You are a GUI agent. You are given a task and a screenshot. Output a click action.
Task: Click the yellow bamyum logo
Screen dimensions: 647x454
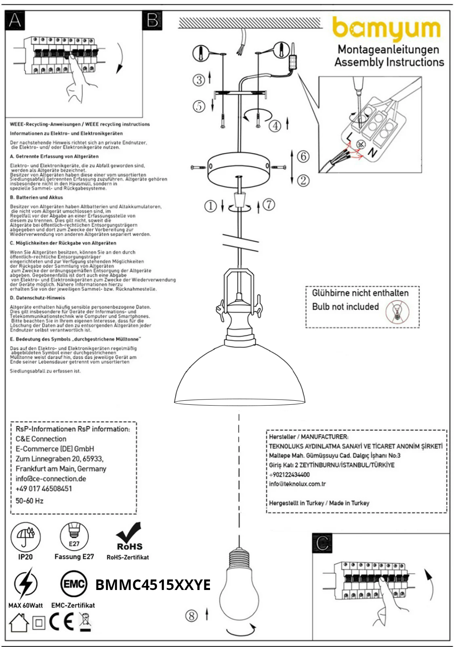pos(386,28)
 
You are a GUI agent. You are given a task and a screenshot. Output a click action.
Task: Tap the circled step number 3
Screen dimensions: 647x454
pos(199,80)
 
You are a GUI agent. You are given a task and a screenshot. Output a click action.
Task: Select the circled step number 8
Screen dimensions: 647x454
pos(191,616)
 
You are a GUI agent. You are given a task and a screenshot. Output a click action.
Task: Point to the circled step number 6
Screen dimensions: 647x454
pos(303,156)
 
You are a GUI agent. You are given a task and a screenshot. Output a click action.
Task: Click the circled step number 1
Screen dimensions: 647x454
pos(210,206)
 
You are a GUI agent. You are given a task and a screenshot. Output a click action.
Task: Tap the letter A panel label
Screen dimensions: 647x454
pos(15,20)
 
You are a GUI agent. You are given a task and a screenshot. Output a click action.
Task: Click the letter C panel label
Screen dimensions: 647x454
pos(322,543)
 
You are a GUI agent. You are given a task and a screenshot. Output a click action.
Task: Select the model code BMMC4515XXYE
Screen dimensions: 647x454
pos(153,585)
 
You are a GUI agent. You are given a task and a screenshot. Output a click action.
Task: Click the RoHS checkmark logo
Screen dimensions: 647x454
pos(129,536)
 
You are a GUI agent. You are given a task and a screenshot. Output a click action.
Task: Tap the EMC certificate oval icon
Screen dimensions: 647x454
pos(74,584)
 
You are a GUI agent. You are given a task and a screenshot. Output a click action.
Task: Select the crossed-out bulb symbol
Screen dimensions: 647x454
pos(397,313)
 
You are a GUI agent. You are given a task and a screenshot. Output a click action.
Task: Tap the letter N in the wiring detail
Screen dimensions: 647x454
pos(372,153)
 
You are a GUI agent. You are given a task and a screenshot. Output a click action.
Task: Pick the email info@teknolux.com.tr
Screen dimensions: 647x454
pos(297,484)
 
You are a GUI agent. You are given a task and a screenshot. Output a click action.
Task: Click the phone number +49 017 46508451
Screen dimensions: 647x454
pos(44,488)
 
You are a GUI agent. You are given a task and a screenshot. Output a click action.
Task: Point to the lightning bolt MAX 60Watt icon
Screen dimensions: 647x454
pos(25,584)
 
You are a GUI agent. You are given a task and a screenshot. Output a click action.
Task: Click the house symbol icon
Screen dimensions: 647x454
pos(19,623)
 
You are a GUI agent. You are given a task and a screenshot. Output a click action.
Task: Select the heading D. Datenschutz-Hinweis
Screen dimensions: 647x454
pos(38,298)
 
